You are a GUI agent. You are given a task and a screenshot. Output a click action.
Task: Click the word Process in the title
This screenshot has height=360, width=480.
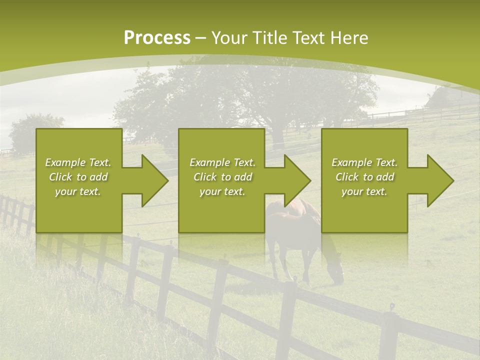pyautogui.click(x=156, y=38)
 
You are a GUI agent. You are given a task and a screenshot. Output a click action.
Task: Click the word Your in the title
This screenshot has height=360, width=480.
pyautogui.click(x=230, y=38)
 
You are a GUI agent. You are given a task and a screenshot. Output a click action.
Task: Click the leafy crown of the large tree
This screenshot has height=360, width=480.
pyautogui.click(x=250, y=90)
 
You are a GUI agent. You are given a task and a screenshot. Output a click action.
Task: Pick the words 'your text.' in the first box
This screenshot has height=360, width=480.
pyautogui.click(x=78, y=191)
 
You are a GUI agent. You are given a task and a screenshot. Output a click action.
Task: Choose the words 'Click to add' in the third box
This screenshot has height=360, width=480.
pyautogui.click(x=364, y=177)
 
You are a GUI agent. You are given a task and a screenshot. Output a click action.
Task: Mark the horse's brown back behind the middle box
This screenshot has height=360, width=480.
pyautogui.click(x=290, y=210)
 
